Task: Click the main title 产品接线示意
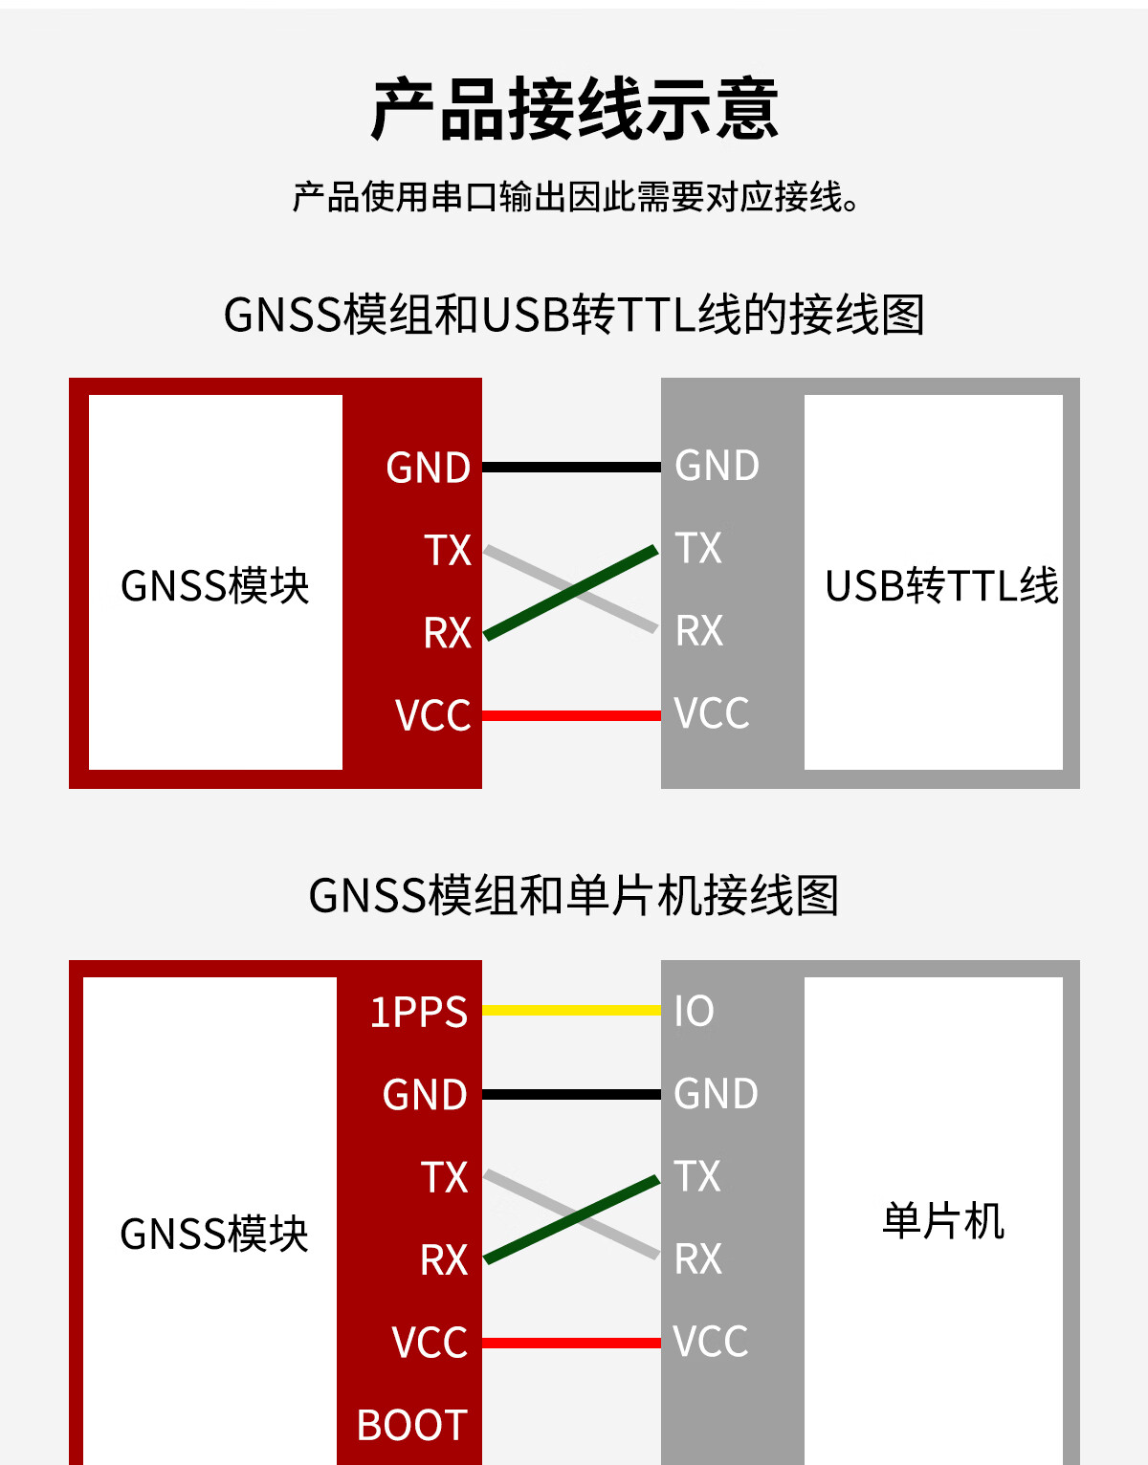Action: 574,109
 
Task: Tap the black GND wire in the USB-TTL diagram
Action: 571,468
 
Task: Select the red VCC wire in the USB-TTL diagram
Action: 571,715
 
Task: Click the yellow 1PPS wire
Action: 571,1010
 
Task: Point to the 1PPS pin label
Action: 418,1013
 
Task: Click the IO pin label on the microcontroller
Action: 694,1012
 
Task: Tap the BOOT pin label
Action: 411,1426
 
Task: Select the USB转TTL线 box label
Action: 941,586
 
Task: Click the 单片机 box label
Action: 943,1221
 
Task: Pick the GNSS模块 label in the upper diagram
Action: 215,586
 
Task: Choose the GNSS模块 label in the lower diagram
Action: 214,1235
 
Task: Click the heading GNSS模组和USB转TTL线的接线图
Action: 574,315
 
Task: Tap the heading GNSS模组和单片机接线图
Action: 574,896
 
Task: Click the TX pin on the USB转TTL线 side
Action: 698,549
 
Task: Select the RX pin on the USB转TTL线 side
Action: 699,631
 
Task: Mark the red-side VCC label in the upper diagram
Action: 432,715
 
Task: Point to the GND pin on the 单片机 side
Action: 716,1094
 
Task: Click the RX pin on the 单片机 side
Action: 698,1259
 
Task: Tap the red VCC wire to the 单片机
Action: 571,1343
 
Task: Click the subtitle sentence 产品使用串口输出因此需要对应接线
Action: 574,197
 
